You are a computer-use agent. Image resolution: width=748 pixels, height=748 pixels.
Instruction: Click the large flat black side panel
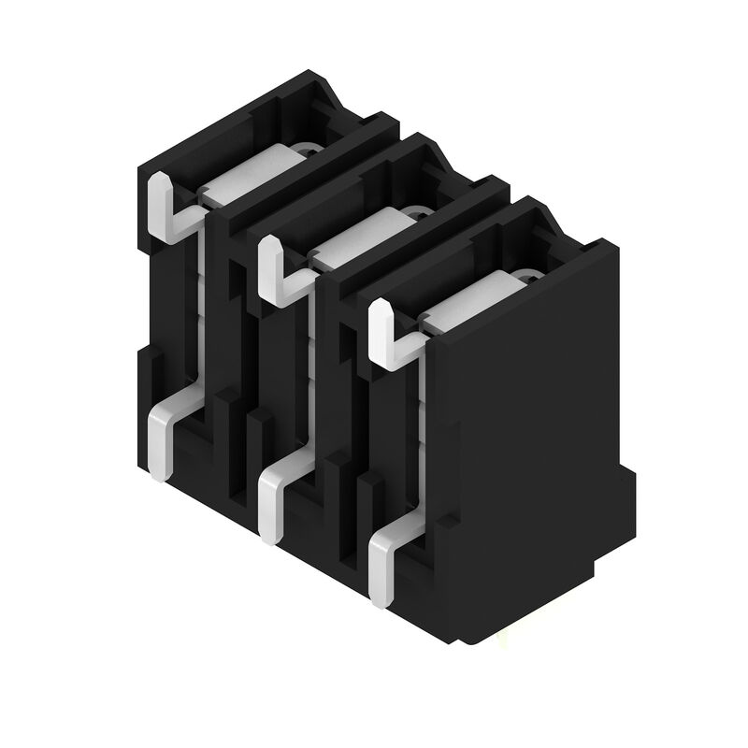pyautogui.click(x=528, y=421)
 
